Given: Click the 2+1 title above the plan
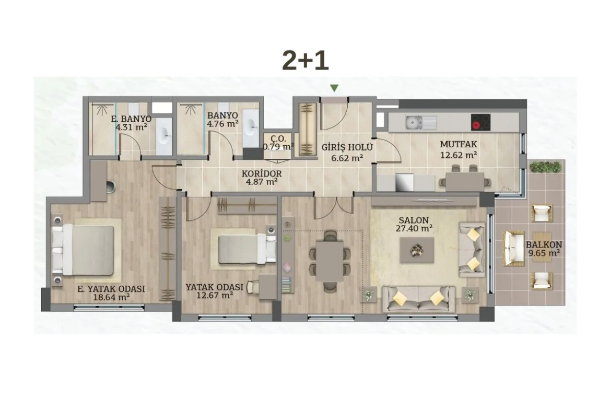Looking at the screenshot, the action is [305, 61].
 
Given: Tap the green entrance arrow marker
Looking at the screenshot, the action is [334, 88].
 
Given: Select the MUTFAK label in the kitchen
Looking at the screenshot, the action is [459, 144].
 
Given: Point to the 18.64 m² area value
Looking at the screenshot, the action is [111, 297].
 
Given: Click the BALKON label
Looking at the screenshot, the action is [544, 245].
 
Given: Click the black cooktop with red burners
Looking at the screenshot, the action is [480, 122].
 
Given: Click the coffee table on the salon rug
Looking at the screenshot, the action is [417, 250].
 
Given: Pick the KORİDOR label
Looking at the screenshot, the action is [262, 174].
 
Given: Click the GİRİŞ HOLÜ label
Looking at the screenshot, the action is [347, 147].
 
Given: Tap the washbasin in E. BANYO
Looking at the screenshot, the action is [163, 136].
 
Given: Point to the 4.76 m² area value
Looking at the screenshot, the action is [222, 124].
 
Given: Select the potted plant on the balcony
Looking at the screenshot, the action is [546, 167].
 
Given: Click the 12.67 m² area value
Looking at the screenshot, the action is [215, 295].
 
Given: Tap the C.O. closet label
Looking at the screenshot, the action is [278, 138].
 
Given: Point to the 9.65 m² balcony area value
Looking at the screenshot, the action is [544, 253].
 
